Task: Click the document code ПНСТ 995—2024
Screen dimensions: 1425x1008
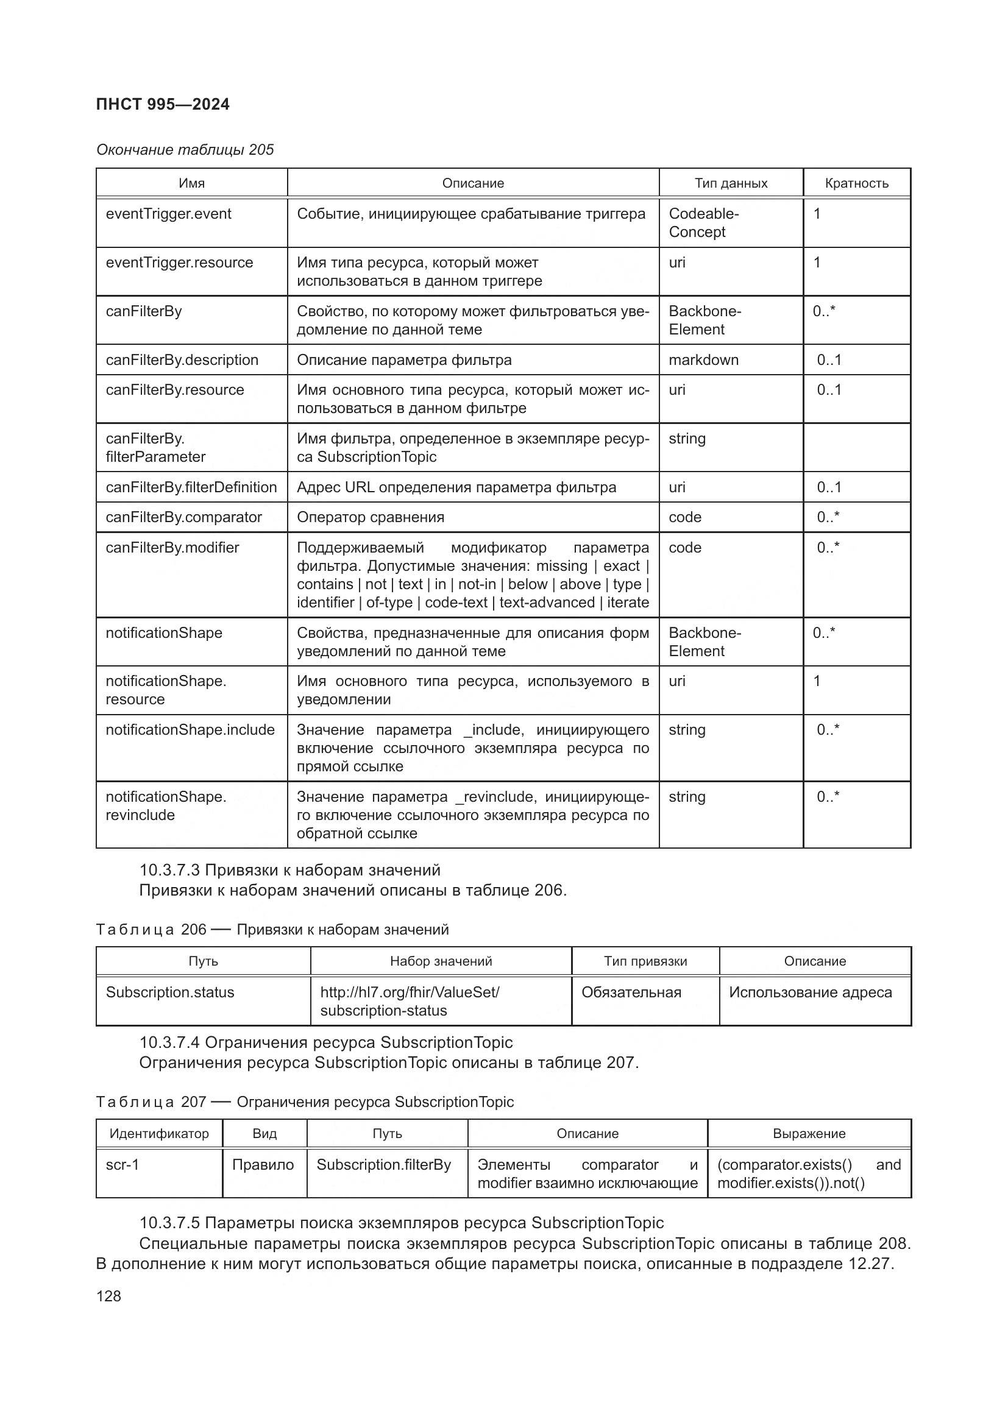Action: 163,104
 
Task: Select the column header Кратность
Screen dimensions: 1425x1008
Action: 856,183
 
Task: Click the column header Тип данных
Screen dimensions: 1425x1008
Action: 731,183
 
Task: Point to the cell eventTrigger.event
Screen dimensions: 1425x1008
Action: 168,214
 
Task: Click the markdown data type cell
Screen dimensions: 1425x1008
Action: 703,360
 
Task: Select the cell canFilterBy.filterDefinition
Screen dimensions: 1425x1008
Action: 191,487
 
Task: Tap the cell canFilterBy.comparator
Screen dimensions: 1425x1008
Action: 183,517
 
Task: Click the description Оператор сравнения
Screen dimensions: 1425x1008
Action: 371,517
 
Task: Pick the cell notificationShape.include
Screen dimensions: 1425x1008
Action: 190,730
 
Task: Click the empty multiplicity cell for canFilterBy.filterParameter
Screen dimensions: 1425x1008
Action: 856,448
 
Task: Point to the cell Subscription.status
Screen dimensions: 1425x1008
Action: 170,992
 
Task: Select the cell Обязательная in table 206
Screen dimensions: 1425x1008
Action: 631,992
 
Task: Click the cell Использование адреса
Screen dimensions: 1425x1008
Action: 810,992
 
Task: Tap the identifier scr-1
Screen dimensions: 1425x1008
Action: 122,1165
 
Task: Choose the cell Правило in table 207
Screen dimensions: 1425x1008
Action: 263,1165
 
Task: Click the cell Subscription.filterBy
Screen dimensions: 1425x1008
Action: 383,1165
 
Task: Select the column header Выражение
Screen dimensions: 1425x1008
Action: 809,1134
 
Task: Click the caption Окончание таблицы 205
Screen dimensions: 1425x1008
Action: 185,150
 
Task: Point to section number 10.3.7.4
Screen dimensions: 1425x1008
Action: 169,1042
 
